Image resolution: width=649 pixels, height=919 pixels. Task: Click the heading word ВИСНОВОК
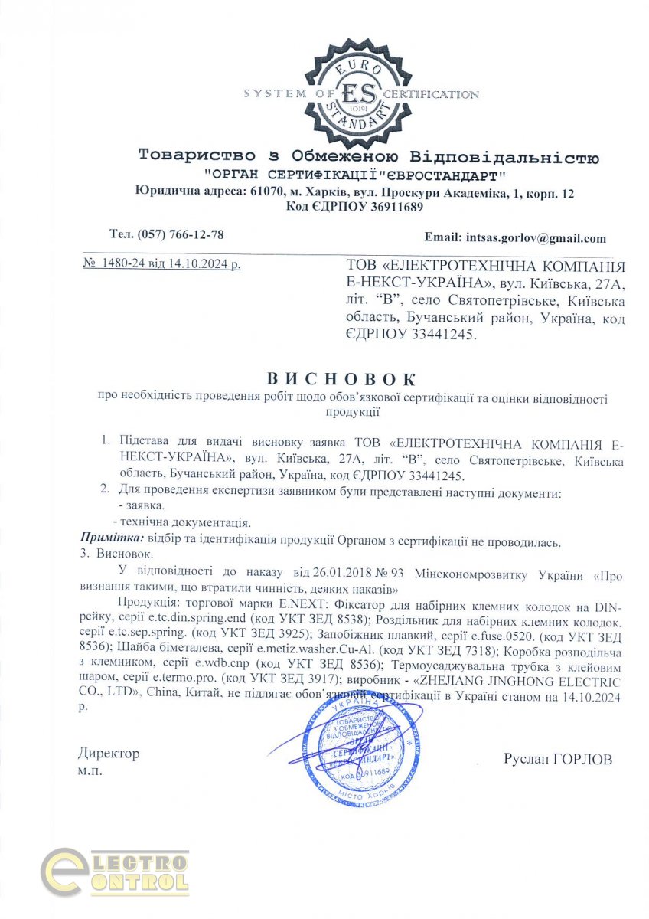click(x=341, y=379)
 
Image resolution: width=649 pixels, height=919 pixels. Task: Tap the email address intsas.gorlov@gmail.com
click(x=530, y=238)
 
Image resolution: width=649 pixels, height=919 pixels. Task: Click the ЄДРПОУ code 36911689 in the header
click(x=384, y=207)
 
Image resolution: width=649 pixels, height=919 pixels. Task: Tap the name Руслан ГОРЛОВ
click(x=558, y=759)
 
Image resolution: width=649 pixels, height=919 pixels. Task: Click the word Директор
click(x=109, y=754)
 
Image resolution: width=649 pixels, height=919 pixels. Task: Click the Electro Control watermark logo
click(x=115, y=874)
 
